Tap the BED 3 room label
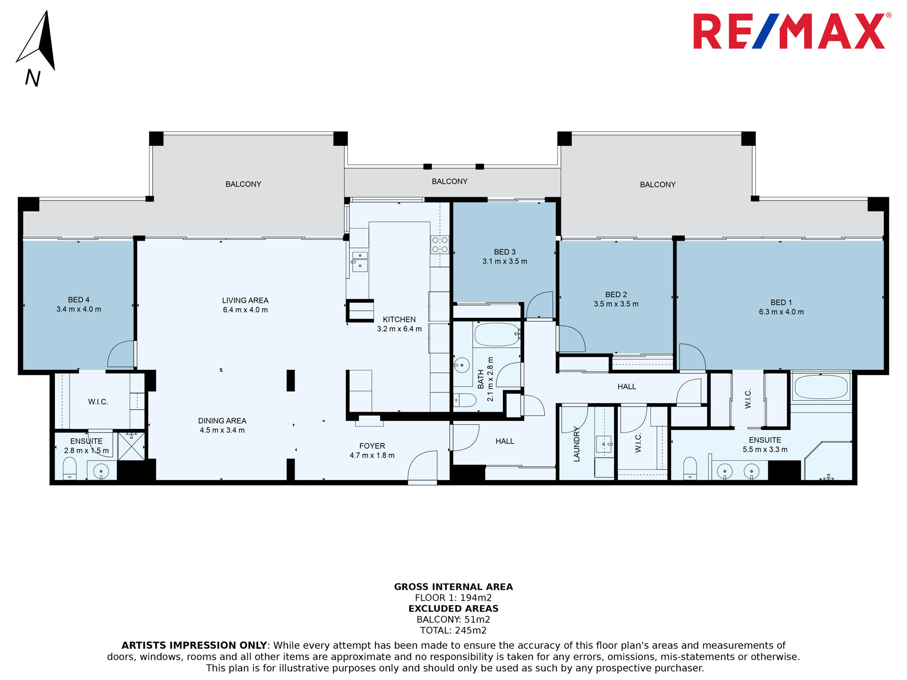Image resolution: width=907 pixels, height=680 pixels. (x=505, y=252)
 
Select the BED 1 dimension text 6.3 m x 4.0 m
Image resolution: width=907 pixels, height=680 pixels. (x=781, y=312)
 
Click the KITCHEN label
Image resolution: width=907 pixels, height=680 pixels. (x=399, y=320)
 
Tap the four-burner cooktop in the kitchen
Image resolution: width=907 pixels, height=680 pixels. (x=440, y=244)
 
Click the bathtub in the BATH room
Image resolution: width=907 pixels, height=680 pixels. (x=497, y=335)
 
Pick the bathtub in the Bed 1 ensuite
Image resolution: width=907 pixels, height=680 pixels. (x=821, y=387)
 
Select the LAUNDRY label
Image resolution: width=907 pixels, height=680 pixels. (x=577, y=444)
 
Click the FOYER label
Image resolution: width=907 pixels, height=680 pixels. (x=372, y=446)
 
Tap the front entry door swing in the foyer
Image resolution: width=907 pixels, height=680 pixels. (x=423, y=466)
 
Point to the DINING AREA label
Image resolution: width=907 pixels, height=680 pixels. (x=222, y=421)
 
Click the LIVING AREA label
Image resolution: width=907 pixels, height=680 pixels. (x=245, y=301)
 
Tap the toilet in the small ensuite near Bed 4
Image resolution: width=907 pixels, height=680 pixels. (x=69, y=469)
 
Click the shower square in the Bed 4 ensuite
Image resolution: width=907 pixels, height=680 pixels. (x=132, y=446)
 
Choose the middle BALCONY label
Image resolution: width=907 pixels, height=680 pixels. (x=449, y=181)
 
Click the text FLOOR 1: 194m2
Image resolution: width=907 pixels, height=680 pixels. (x=453, y=598)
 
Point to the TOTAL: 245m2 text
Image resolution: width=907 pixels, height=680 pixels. (x=453, y=631)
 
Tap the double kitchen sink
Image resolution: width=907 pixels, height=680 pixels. (x=360, y=261)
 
